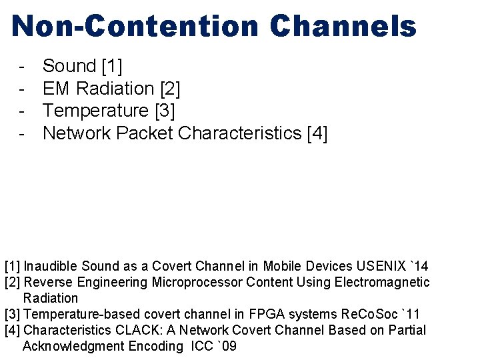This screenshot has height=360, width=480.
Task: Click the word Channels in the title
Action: (x=343, y=27)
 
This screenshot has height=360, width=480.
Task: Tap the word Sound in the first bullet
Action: (x=69, y=66)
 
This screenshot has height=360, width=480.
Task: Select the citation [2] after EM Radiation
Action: (x=170, y=89)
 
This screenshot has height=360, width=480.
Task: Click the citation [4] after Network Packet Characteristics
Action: (x=317, y=133)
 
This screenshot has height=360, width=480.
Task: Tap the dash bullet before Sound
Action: (x=23, y=66)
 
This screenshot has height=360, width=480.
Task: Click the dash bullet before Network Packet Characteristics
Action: (x=23, y=133)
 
